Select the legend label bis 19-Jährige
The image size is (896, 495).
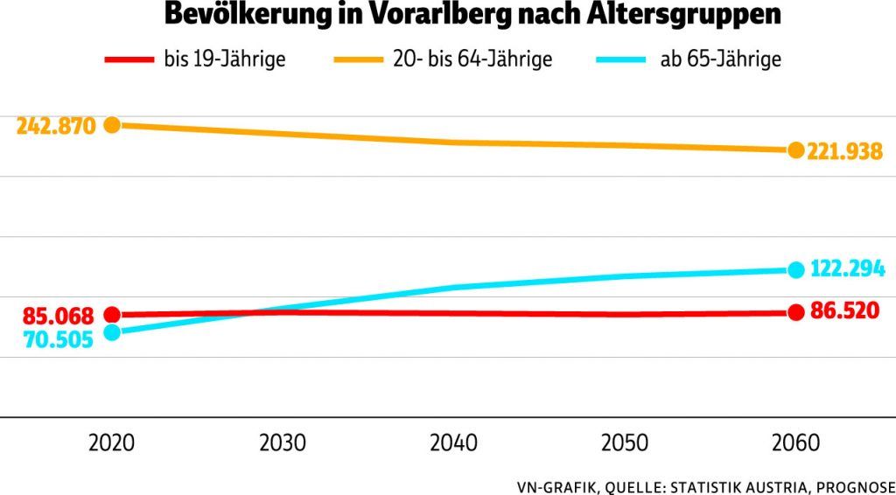coord(225,60)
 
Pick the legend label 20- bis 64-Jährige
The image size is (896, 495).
coord(470,60)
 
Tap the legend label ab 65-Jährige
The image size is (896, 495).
coord(720,60)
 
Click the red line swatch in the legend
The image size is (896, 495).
coord(129,60)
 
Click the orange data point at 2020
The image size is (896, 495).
coord(112,125)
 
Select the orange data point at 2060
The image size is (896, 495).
coord(795,150)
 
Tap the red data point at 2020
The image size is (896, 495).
coord(112,315)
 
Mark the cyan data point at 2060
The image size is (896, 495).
coord(795,269)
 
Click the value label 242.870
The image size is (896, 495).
coord(55,126)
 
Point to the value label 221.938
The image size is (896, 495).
coord(846,151)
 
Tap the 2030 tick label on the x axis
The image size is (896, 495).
coord(283,443)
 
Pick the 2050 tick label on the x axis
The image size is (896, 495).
coord(624,443)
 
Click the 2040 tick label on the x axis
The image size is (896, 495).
coord(453,443)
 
